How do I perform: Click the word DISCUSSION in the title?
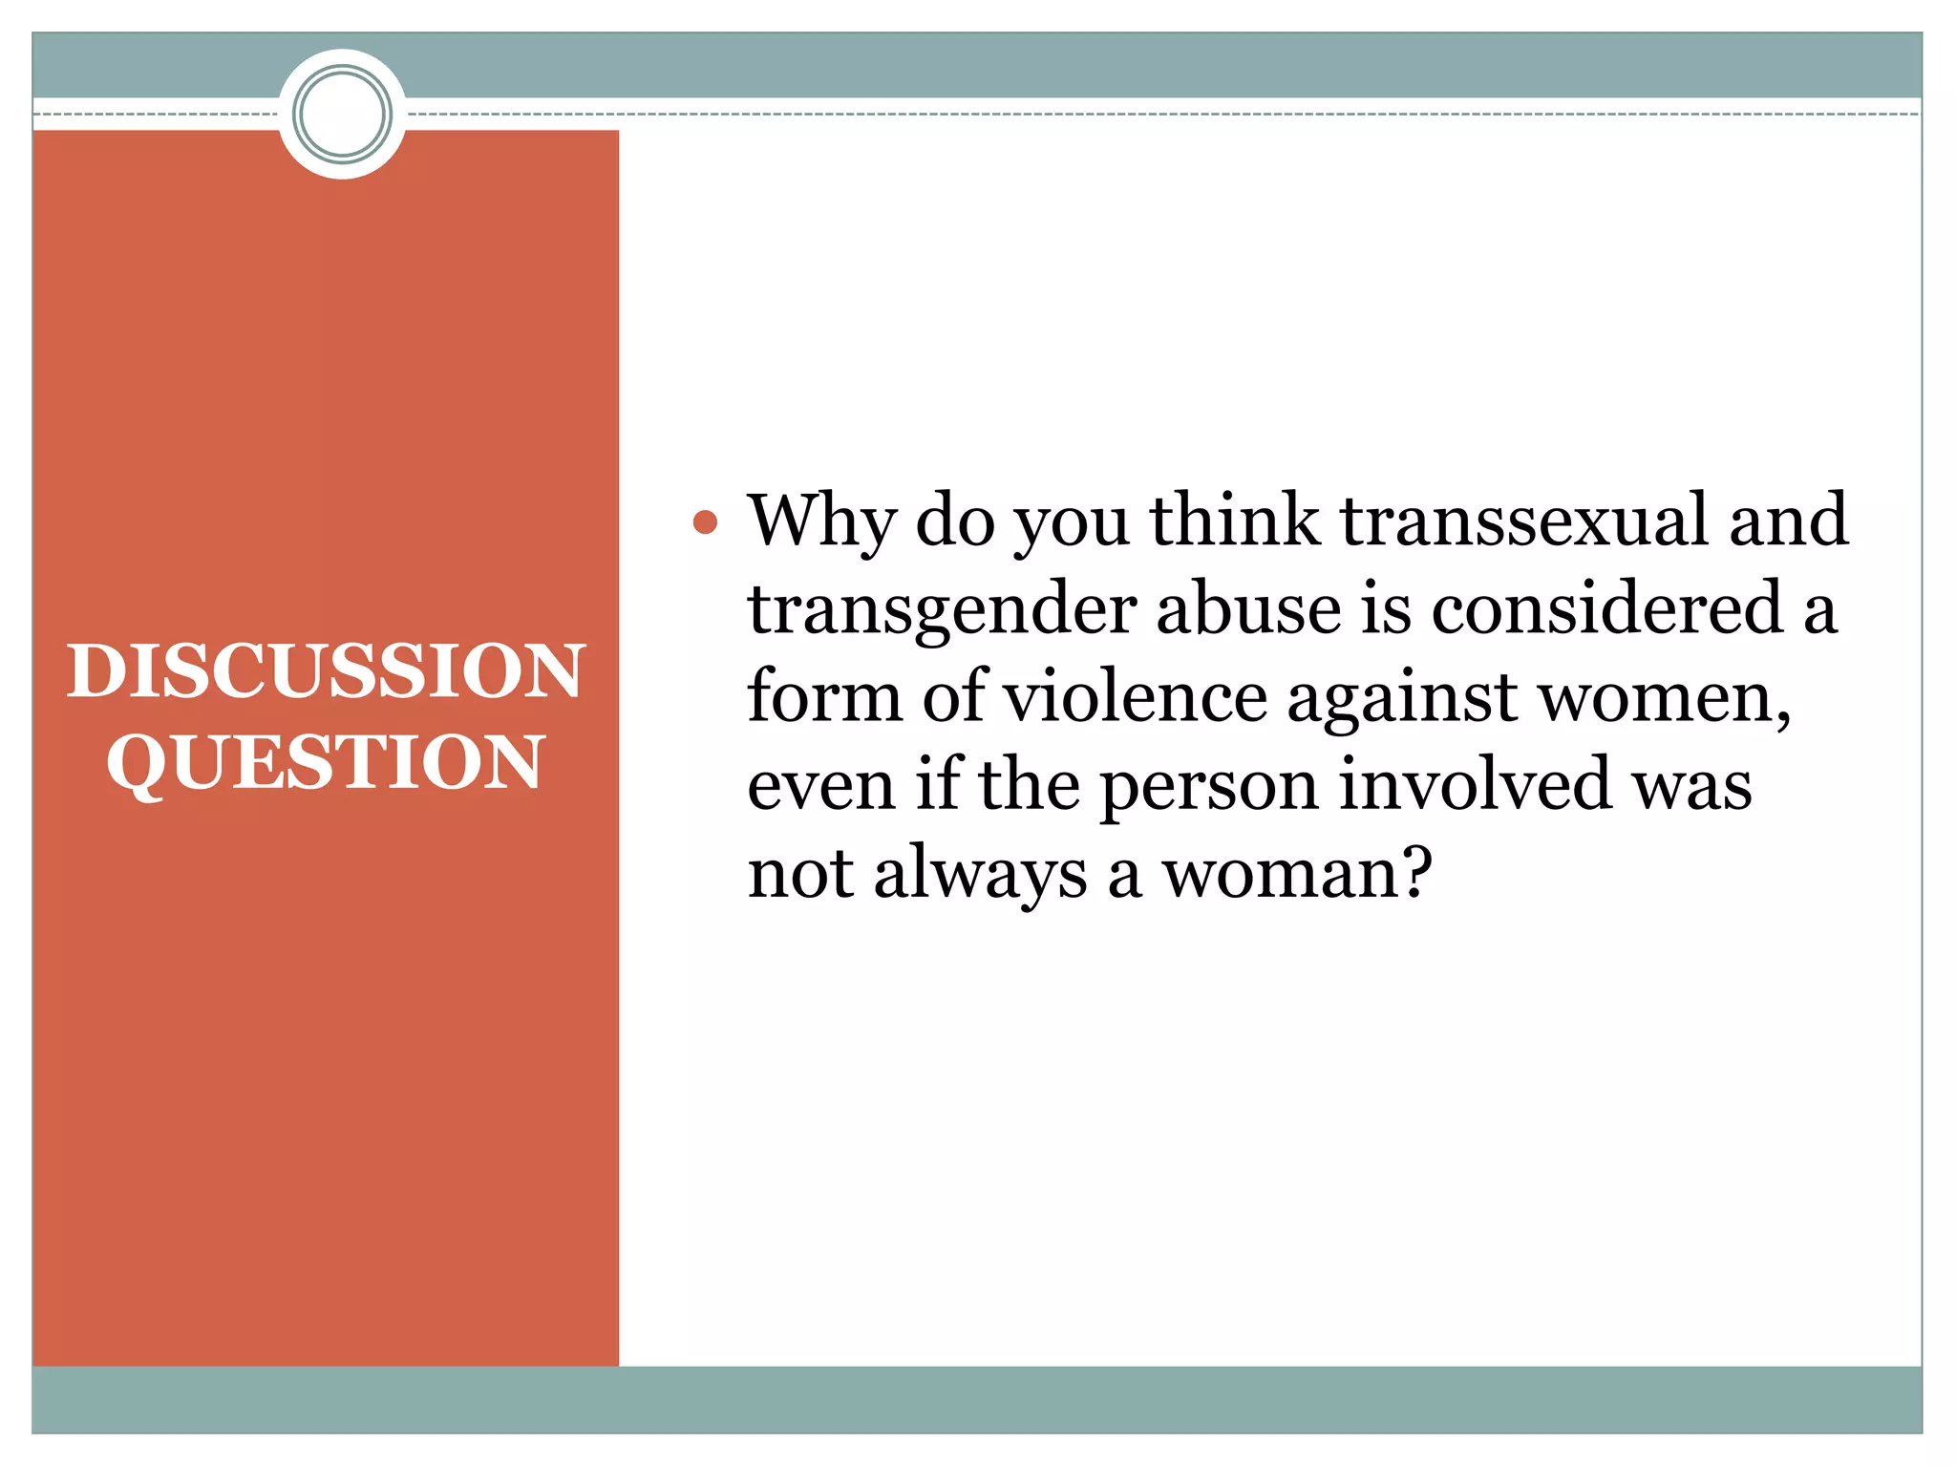pyautogui.click(x=325, y=670)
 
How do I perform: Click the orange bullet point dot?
pyautogui.click(x=705, y=522)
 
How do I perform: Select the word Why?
pyautogui.click(x=822, y=522)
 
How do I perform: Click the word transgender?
pyautogui.click(x=942, y=611)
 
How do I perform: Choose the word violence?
pyautogui.click(x=1136, y=697)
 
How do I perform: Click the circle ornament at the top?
pyautogui.click(x=342, y=114)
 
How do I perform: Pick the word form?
pyautogui.click(x=824, y=697)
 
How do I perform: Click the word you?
pyautogui.click(x=1071, y=524)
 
